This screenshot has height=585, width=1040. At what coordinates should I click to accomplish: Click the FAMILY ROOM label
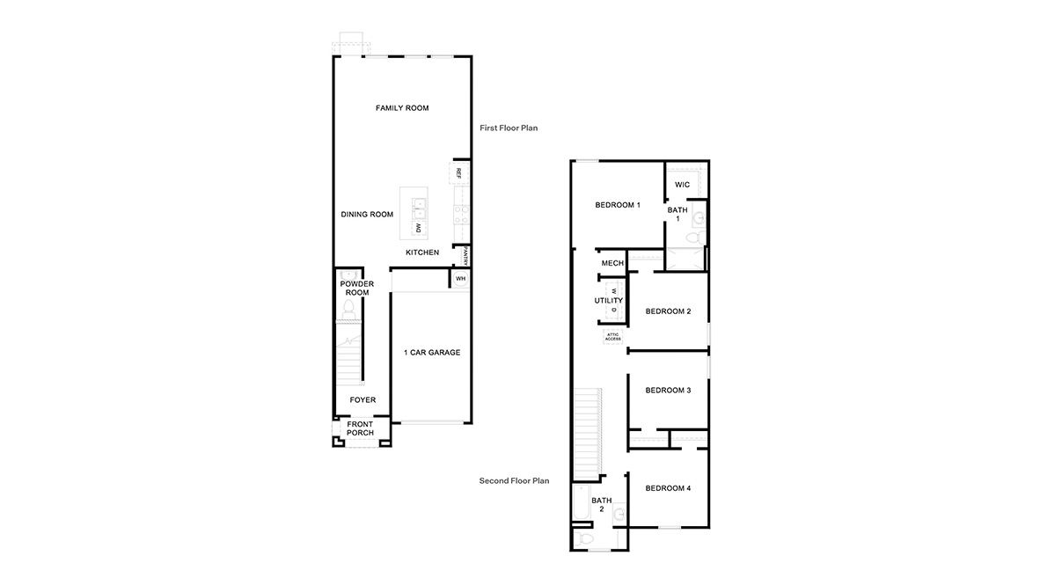(x=402, y=108)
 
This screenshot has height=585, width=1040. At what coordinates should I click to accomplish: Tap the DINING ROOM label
(x=367, y=215)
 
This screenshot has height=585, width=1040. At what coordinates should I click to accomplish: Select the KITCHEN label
(x=422, y=252)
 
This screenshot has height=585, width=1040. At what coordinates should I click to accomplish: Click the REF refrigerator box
(x=459, y=173)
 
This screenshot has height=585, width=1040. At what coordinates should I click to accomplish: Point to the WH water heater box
(x=460, y=279)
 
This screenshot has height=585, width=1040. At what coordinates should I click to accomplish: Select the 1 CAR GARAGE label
(x=432, y=353)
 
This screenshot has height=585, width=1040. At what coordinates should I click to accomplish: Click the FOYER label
(x=363, y=400)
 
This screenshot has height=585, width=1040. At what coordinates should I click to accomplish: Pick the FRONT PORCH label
(x=360, y=428)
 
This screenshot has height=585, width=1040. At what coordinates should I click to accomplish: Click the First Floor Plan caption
(x=509, y=128)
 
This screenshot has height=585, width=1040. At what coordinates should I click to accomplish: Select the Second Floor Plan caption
(x=514, y=481)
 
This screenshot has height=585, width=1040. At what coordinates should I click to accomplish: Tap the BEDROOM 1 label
(x=618, y=205)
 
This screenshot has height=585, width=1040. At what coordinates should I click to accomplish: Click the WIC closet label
(x=682, y=185)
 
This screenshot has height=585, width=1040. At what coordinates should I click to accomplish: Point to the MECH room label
(x=612, y=263)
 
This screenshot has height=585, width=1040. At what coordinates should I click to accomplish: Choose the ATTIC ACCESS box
(x=613, y=336)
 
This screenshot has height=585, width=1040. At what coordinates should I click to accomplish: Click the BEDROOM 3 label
(x=668, y=391)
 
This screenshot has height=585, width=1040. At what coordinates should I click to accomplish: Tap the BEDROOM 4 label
(x=668, y=488)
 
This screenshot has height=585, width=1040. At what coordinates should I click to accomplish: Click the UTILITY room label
(x=608, y=301)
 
